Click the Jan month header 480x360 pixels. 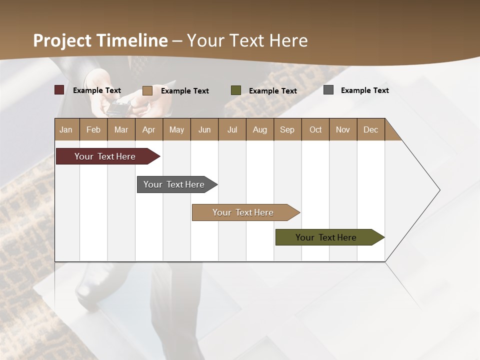pos(66,129)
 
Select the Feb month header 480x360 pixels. pos(93,129)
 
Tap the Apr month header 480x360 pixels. pos(148,129)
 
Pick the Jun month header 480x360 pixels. pos(204,129)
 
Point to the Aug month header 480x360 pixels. pos(259,129)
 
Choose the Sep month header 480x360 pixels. pos(287,129)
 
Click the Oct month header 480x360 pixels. pos(315,129)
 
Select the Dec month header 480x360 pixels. pos(370,129)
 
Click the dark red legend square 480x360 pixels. pos(59,90)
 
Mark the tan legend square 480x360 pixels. pos(147,90)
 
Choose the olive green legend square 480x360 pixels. pos(235,90)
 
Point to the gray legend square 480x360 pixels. pos(328,90)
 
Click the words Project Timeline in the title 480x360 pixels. pos(100,40)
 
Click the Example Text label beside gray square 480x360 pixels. pos(364,90)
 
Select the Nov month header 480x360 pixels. pos(343,129)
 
